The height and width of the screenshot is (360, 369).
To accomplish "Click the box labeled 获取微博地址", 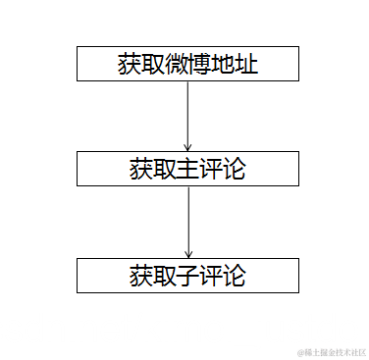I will (x=187, y=64).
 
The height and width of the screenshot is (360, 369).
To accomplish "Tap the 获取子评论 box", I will (x=187, y=276).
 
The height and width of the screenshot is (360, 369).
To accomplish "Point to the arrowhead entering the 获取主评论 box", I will (x=187, y=147).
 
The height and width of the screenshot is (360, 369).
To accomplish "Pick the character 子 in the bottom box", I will (x=187, y=276).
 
